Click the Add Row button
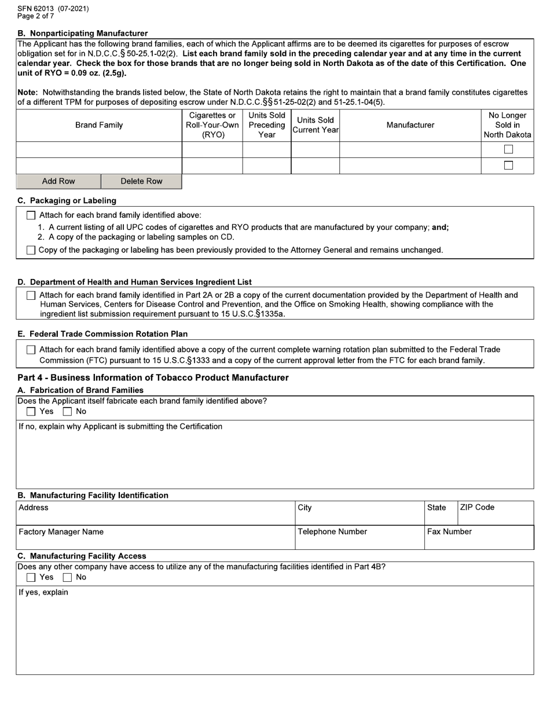point(58,181)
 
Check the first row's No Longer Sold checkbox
point(508,149)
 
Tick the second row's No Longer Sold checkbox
point(508,166)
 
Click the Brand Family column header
point(99,125)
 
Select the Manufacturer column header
point(410,125)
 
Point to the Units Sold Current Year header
point(315,125)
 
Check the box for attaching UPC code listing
point(31,215)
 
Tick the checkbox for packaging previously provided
point(31,250)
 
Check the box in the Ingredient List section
point(31,295)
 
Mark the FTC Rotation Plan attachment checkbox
point(31,350)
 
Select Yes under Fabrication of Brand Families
point(31,412)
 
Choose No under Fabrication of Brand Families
point(68,412)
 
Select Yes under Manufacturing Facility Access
point(31,577)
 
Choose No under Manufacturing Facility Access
point(68,577)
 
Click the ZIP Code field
point(495,516)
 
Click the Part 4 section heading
point(153,377)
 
